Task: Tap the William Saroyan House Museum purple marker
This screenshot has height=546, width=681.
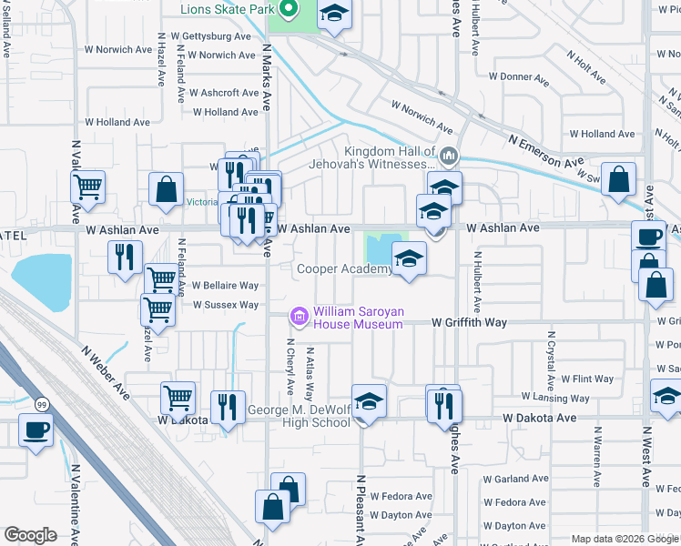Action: point(299,317)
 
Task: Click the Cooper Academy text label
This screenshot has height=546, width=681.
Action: point(343,269)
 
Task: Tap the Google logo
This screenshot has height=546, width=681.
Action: point(30,535)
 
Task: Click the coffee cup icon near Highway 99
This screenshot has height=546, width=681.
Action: point(36,429)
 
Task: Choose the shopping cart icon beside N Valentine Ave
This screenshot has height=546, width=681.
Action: point(88,187)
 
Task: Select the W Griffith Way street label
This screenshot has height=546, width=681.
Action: point(469,322)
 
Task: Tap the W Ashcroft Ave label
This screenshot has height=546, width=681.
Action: point(224,93)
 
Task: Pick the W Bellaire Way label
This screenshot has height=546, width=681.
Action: point(225,286)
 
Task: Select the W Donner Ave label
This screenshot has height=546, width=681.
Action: point(520,77)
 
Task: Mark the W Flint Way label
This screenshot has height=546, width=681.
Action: point(587,379)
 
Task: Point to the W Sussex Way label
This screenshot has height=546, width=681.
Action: point(226,305)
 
